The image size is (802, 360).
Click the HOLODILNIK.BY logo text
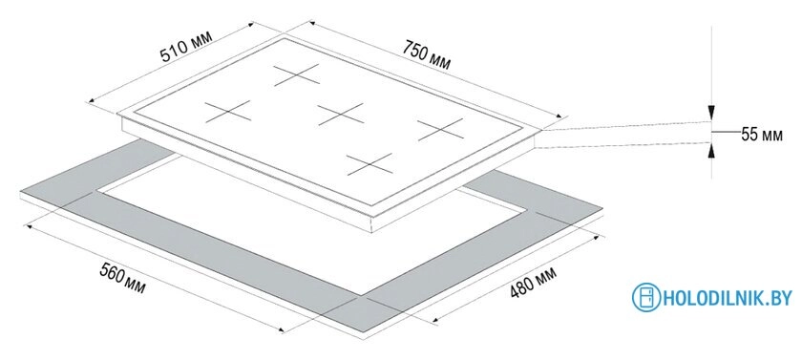[727, 298]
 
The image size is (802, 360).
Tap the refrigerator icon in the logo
[647, 297]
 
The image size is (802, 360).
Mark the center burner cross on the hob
[342, 116]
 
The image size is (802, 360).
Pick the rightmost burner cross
[439, 127]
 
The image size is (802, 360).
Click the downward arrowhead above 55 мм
[711, 111]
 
